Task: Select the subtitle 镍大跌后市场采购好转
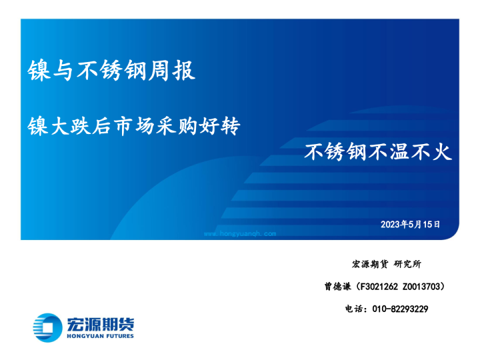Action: tap(133, 125)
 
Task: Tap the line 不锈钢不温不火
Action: tap(378, 152)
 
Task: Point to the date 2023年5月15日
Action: tap(410, 225)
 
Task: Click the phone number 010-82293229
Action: tap(399, 309)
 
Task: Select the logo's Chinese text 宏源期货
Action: tap(100, 323)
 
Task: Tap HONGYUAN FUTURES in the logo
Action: tap(100, 336)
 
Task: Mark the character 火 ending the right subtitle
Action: tap(443, 152)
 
